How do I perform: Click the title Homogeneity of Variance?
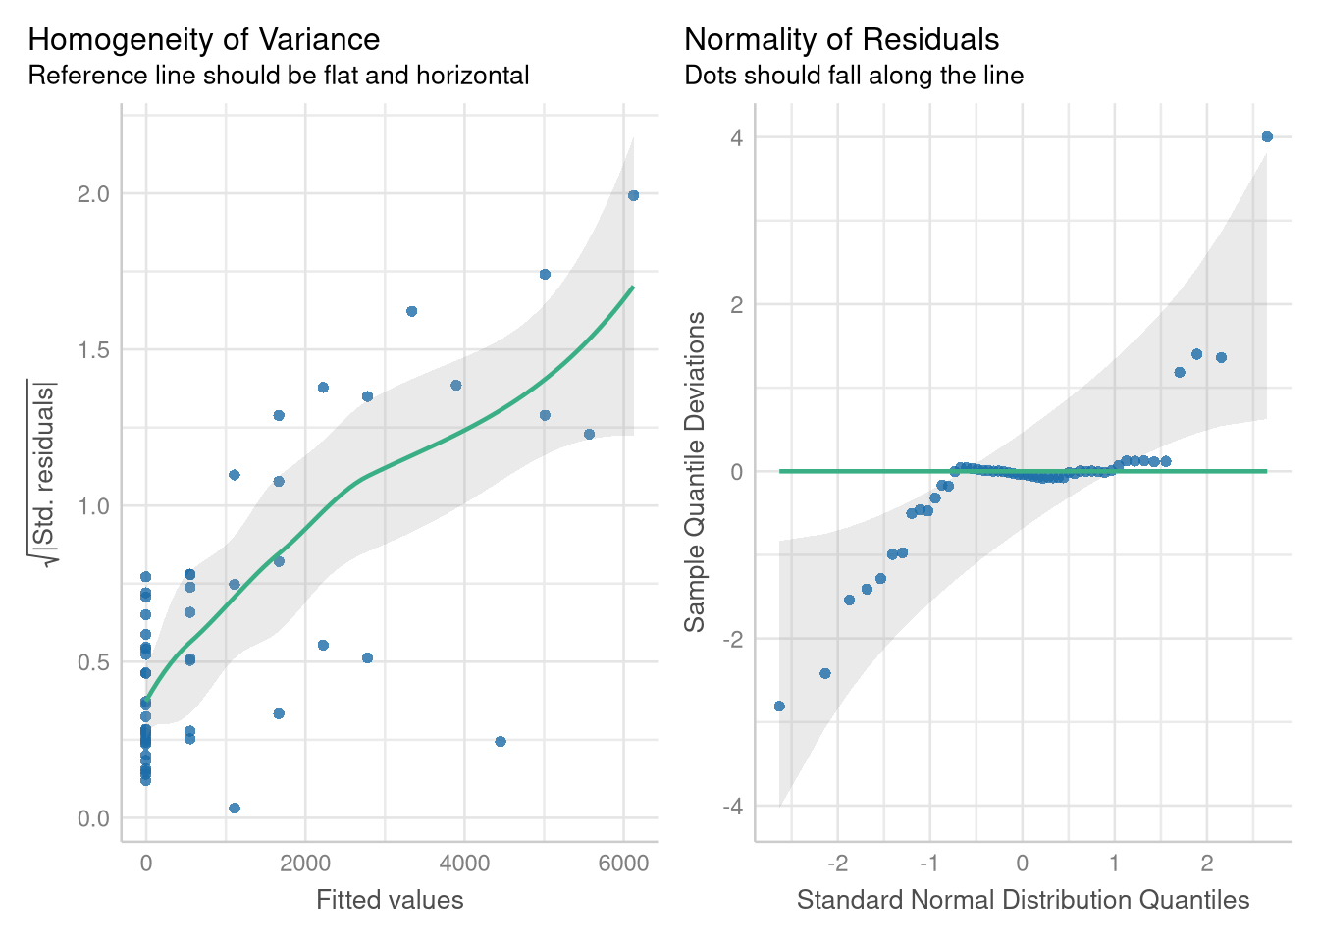click(204, 39)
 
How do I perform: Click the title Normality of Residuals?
click(841, 39)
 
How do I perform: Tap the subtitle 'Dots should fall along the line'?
click(854, 76)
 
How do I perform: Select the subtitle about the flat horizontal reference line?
click(279, 76)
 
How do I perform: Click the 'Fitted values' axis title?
click(390, 900)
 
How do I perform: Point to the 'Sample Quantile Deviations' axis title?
click(695, 472)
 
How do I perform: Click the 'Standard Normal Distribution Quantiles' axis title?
click(1023, 900)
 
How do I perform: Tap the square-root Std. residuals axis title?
click(44, 472)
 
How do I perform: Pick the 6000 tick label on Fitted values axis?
click(623, 863)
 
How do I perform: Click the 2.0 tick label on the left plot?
click(93, 194)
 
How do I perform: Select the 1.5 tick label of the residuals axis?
click(93, 350)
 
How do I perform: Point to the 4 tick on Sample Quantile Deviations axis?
click(736, 137)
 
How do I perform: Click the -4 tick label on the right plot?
click(732, 807)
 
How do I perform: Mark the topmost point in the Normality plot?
click(1267, 137)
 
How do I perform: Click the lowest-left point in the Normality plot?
click(779, 706)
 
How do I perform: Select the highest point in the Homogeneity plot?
click(633, 195)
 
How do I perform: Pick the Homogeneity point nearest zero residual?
click(234, 809)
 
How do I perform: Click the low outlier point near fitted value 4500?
click(501, 742)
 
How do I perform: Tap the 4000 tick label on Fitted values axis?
click(464, 863)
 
